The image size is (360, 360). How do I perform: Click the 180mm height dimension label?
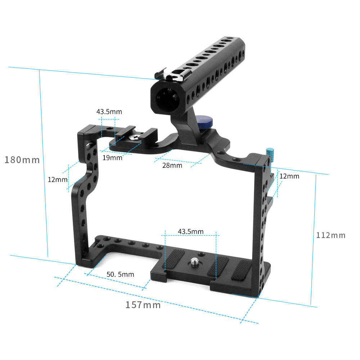[x=22, y=159]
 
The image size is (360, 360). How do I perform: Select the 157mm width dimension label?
[x=143, y=305]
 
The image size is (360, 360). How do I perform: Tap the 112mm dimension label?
[x=330, y=235]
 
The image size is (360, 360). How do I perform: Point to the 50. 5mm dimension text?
[x=120, y=274]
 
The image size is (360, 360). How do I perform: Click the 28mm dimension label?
[x=172, y=165]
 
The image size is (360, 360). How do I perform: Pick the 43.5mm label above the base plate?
[x=190, y=231]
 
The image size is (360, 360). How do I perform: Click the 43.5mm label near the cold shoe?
[x=109, y=112]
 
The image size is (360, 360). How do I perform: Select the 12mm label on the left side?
[x=58, y=179]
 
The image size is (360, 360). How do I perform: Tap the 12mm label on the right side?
[x=289, y=176]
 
